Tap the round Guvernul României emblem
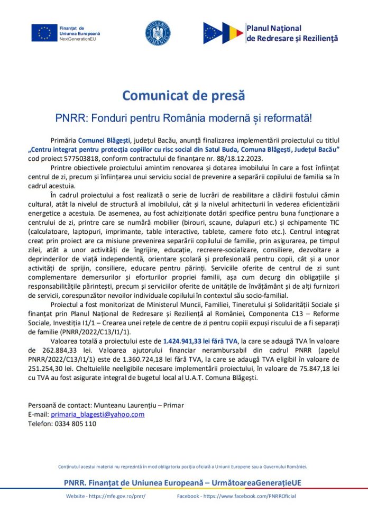tap(158, 33)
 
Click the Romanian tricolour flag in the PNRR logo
tap(233, 33)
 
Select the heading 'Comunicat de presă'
tap(183, 96)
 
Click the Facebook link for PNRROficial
tap(249, 496)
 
